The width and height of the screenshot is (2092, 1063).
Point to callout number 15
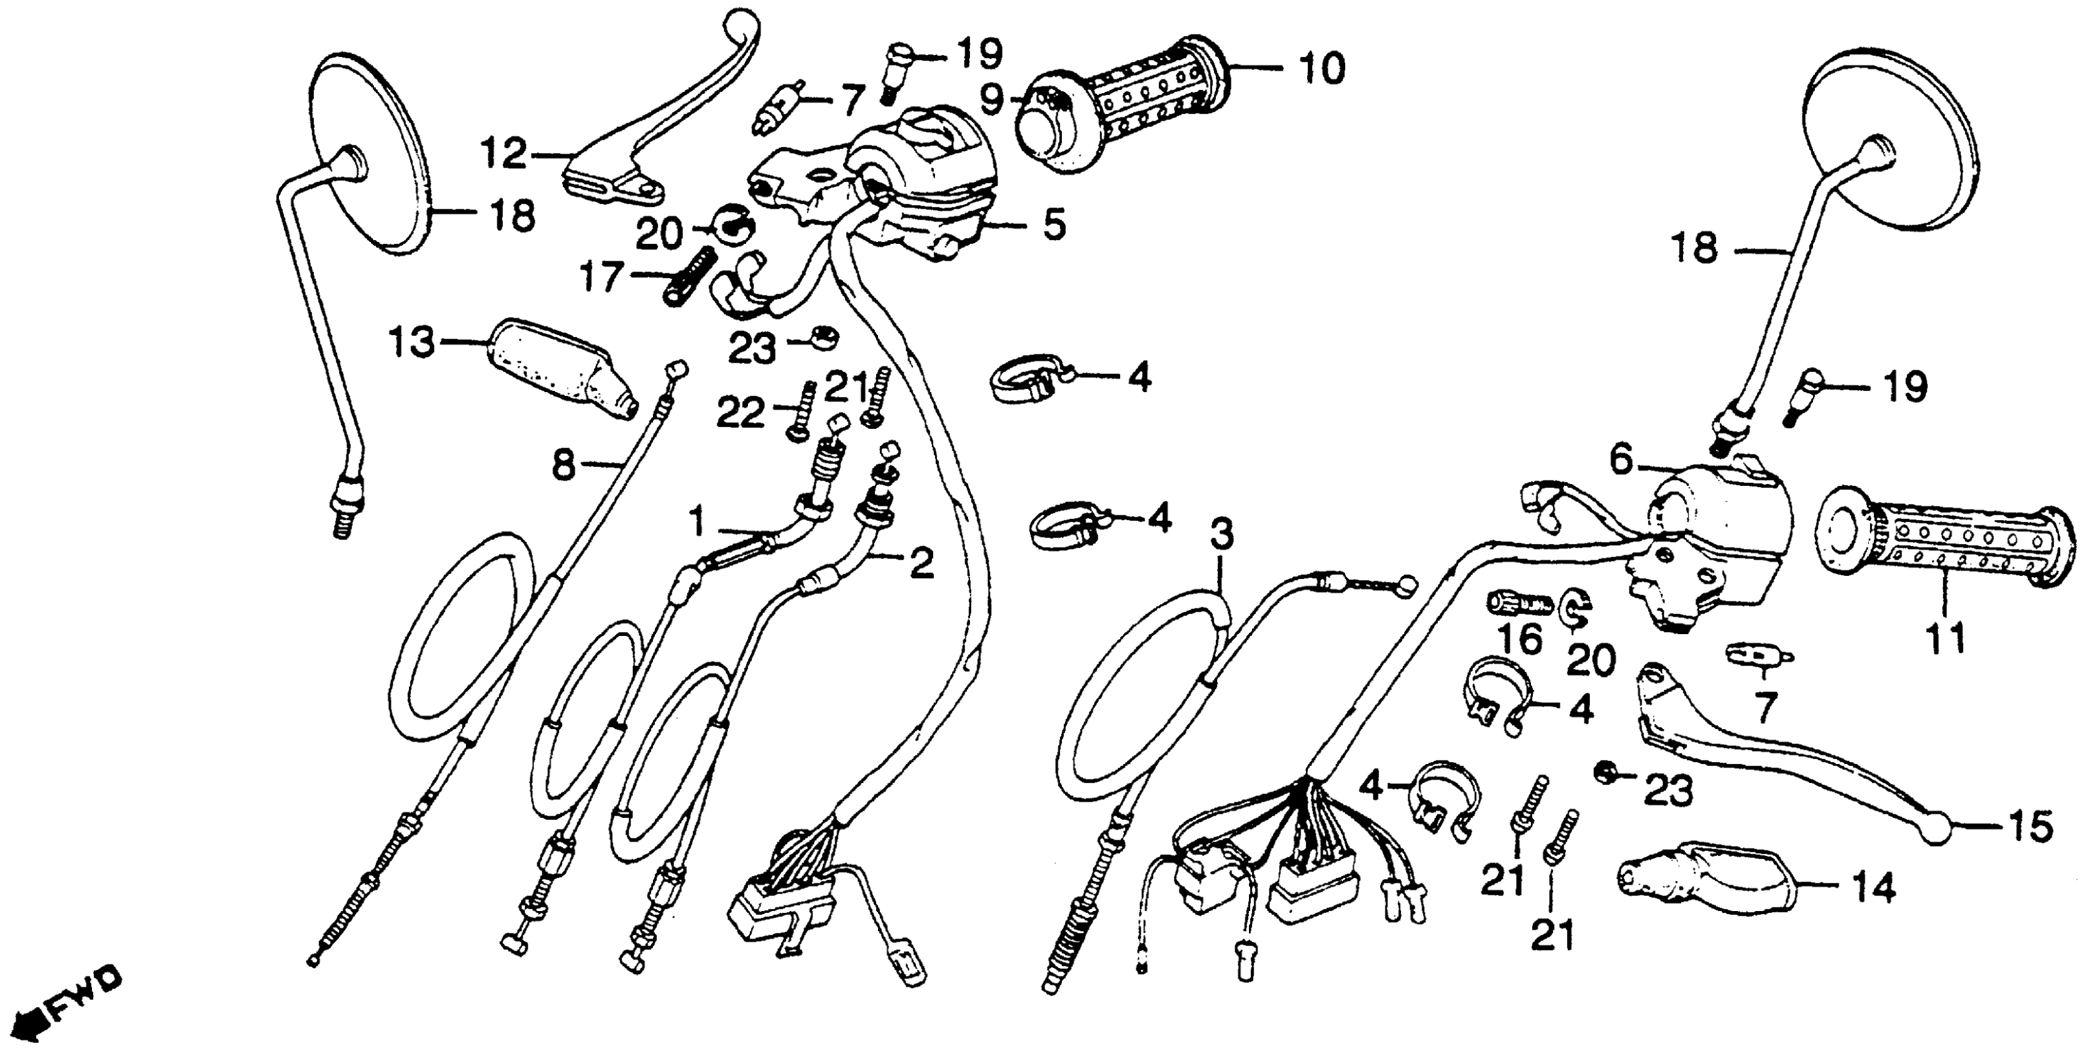coord(2028,827)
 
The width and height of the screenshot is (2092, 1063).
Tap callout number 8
coord(563,467)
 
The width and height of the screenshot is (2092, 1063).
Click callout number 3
coord(1221,535)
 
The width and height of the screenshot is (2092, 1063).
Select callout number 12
coord(503,153)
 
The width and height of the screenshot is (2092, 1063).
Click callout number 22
coord(740,414)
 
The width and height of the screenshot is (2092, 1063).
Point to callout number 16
coord(1520,639)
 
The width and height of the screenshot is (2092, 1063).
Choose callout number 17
coord(604,277)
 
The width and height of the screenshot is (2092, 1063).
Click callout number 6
coord(1620,461)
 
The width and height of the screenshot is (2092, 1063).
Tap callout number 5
coord(1053,225)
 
